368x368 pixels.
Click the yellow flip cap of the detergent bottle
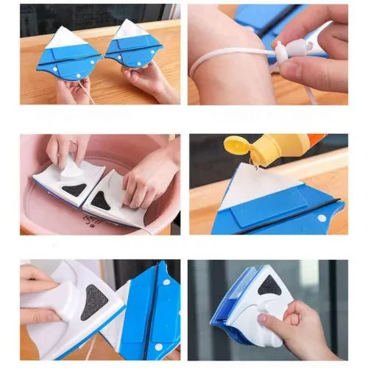(238, 145)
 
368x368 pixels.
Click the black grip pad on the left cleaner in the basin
(73, 189)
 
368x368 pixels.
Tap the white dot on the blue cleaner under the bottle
(321, 218)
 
